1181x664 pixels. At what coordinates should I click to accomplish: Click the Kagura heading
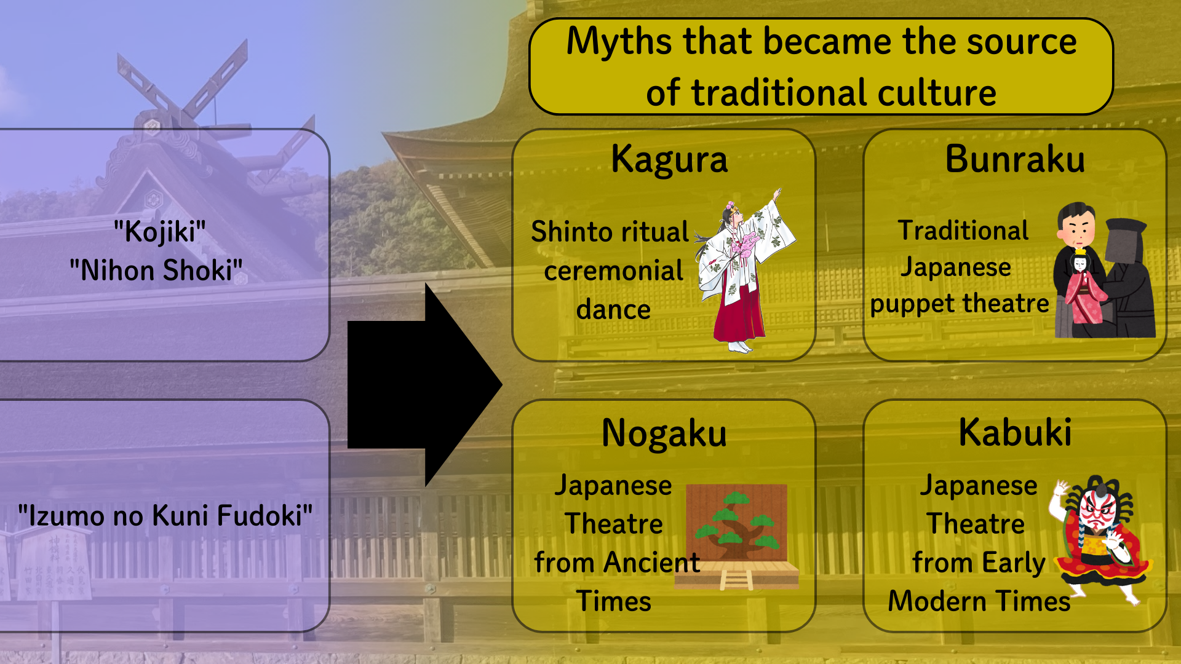[669, 160]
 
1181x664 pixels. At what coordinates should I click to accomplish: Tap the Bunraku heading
[1015, 159]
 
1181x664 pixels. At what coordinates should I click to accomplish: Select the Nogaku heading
[664, 433]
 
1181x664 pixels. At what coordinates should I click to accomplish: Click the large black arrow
[424, 385]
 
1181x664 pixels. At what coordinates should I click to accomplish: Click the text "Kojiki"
[160, 232]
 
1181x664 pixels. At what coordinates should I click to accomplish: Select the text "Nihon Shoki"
[156, 271]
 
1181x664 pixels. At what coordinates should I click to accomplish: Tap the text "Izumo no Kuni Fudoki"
[165, 515]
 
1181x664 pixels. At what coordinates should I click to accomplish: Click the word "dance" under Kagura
[613, 309]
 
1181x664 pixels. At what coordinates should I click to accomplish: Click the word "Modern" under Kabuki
[936, 601]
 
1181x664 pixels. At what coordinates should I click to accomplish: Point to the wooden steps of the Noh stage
[736, 580]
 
